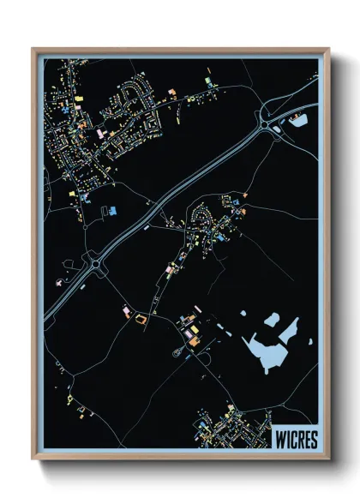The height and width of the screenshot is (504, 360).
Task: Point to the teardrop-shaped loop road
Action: (178, 349)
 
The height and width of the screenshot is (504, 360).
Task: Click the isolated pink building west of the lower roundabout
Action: (59, 280)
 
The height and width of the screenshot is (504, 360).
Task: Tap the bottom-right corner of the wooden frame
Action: (328, 459)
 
